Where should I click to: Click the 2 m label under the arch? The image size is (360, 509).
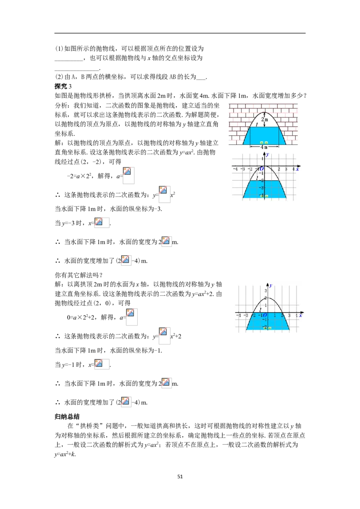(265, 120)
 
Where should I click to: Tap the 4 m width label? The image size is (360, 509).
(264, 147)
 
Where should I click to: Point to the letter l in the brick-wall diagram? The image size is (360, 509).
(256, 124)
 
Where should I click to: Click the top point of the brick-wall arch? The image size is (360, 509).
(265, 112)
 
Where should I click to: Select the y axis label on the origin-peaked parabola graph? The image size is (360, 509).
(267, 154)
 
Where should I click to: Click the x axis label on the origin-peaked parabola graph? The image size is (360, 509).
(297, 169)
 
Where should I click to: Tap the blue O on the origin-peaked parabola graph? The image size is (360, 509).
(261, 169)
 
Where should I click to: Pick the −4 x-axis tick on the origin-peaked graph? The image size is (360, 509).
(235, 169)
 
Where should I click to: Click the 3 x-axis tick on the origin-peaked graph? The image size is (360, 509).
(286, 169)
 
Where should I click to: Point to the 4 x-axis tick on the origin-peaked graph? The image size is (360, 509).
(293, 169)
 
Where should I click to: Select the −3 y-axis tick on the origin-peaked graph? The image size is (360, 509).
(261, 188)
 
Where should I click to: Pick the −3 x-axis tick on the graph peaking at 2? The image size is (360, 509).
(246, 316)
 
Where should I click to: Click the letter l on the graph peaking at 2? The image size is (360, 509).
(260, 310)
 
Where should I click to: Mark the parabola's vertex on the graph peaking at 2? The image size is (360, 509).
(268, 298)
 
